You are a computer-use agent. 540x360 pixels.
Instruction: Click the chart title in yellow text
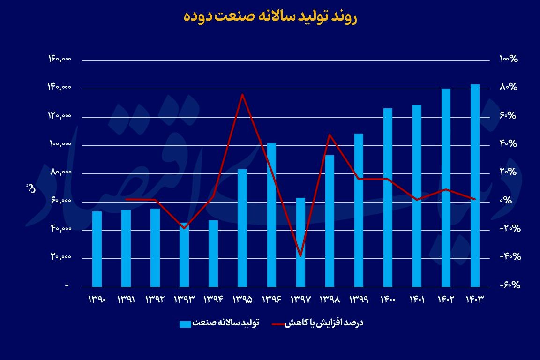click(270, 17)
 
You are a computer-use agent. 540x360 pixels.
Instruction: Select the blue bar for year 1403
click(475, 185)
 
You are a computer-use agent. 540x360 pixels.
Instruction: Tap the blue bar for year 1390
click(97, 249)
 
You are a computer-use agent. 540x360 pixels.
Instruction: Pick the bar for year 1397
click(300, 242)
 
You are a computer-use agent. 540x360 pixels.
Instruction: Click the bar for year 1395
click(242, 228)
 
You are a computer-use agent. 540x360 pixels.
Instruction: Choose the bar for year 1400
click(388, 197)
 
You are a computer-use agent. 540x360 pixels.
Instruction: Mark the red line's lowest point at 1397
click(300, 256)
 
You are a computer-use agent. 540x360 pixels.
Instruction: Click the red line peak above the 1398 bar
click(330, 135)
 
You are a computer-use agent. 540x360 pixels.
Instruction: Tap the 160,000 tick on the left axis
click(60, 59)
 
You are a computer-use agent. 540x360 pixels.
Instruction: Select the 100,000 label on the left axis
click(60, 144)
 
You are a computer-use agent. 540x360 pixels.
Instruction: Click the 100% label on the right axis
click(508, 59)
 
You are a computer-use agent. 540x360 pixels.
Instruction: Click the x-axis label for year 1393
click(184, 299)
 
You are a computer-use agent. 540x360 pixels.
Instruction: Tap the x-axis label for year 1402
click(446, 299)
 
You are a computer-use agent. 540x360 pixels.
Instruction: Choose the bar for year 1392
click(155, 247)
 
